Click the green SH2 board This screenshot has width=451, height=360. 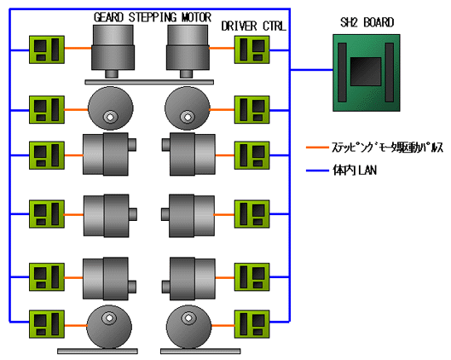pos(366,73)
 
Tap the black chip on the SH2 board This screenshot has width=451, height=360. pos(366,72)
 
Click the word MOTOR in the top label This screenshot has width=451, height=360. pos(196,17)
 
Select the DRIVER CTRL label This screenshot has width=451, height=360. pos(254,26)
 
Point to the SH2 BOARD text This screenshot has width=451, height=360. pos(367,22)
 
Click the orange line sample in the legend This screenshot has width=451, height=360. pos(317,148)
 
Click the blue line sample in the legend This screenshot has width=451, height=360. pos(317,171)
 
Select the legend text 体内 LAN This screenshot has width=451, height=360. pos(355,171)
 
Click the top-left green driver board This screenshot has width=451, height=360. pos(47,49)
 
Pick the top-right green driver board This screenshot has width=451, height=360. pos(252,49)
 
